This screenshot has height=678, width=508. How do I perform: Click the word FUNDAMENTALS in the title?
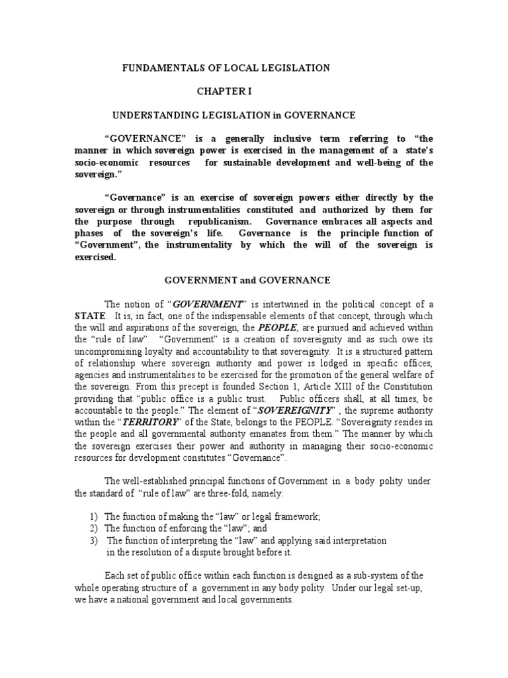[157, 68]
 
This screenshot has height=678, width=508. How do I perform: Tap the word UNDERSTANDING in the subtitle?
[149, 115]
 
